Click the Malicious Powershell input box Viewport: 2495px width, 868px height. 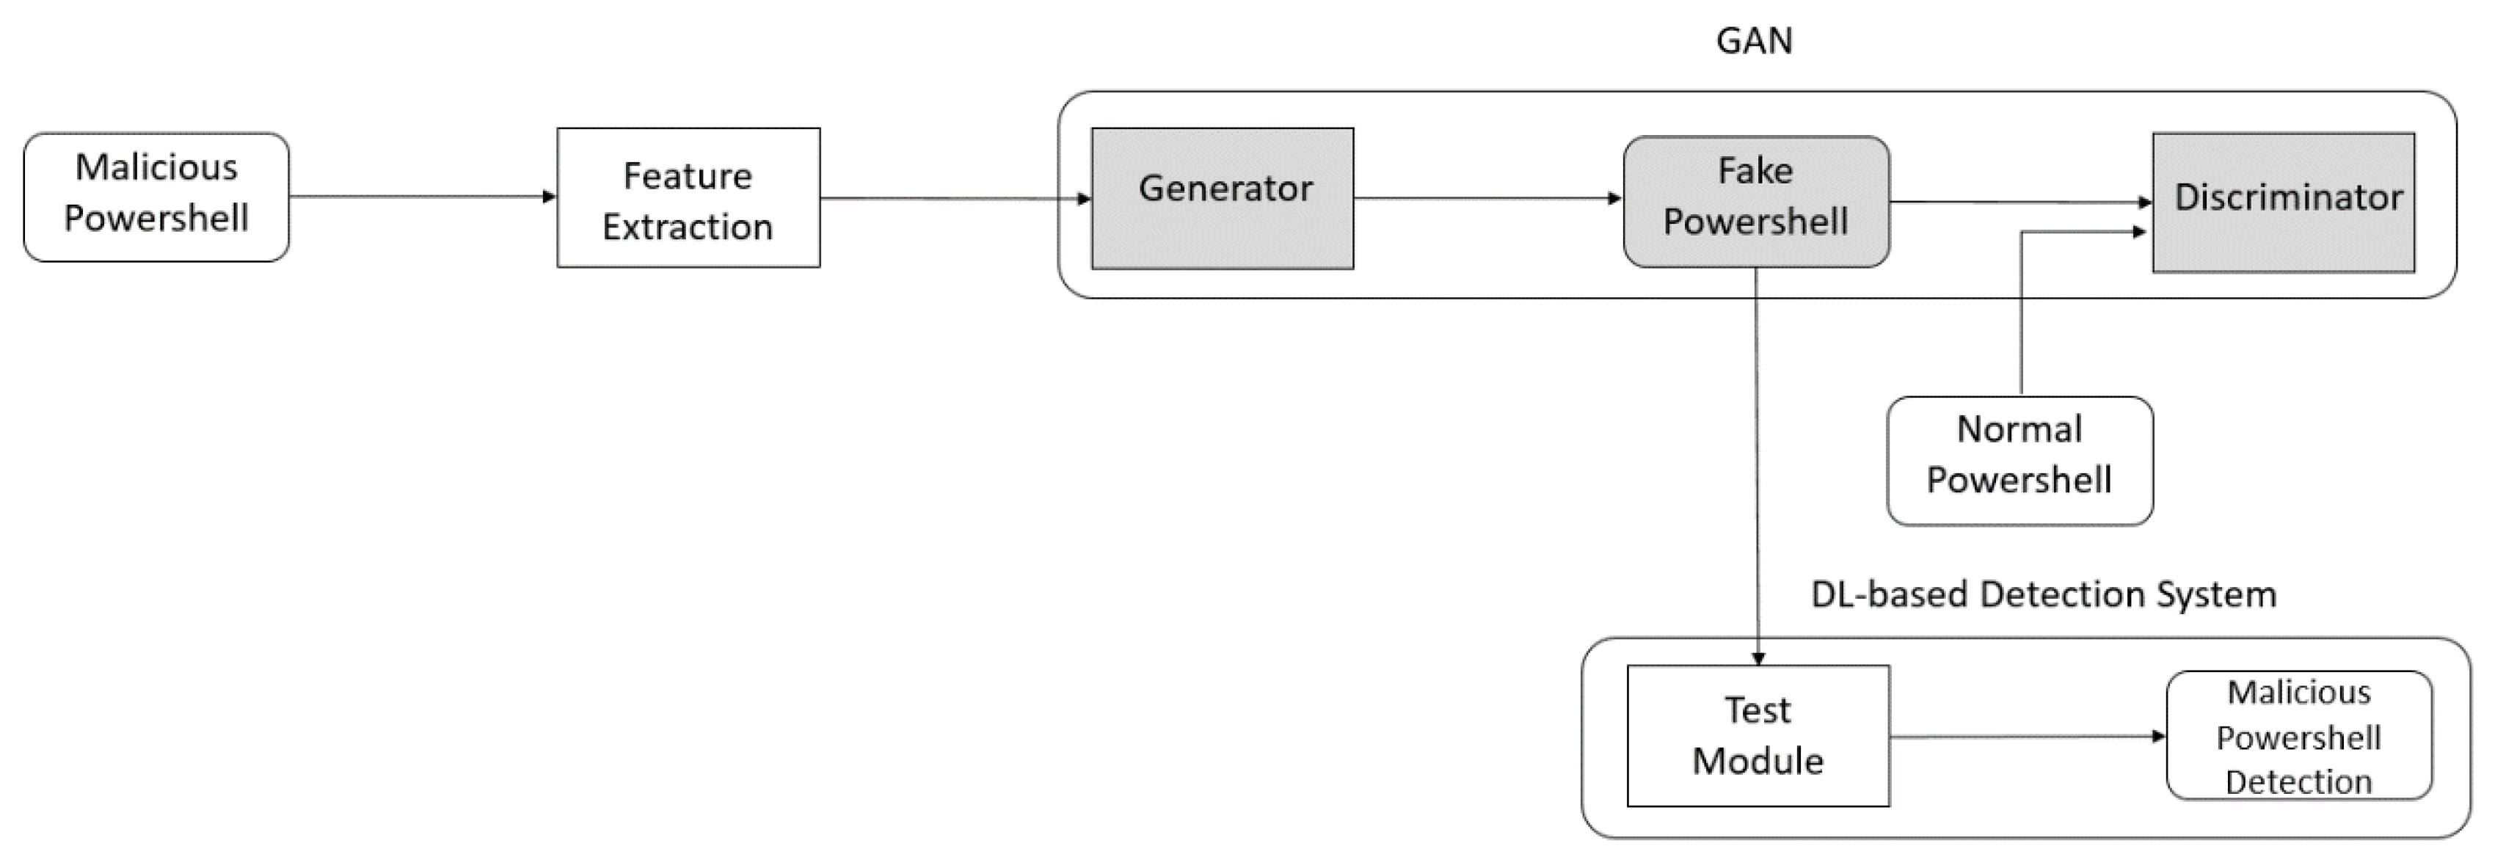point(156,197)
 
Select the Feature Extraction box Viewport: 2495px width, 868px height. point(688,197)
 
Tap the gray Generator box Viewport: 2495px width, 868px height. point(1223,197)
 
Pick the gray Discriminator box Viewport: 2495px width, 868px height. point(2283,202)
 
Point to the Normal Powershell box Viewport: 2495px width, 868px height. point(2019,460)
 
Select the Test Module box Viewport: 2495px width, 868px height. point(1757,735)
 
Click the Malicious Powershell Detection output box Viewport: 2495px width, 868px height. point(2298,735)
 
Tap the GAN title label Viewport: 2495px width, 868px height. point(1754,40)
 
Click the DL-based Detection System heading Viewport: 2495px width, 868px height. point(2043,594)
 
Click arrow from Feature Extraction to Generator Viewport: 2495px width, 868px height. point(954,199)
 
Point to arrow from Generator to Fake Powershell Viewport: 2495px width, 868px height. point(1487,199)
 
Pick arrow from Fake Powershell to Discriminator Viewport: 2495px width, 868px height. point(2019,203)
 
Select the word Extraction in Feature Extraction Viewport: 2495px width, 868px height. point(688,227)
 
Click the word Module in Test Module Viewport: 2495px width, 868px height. point(1757,762)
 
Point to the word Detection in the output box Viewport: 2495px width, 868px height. point(2298,781)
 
